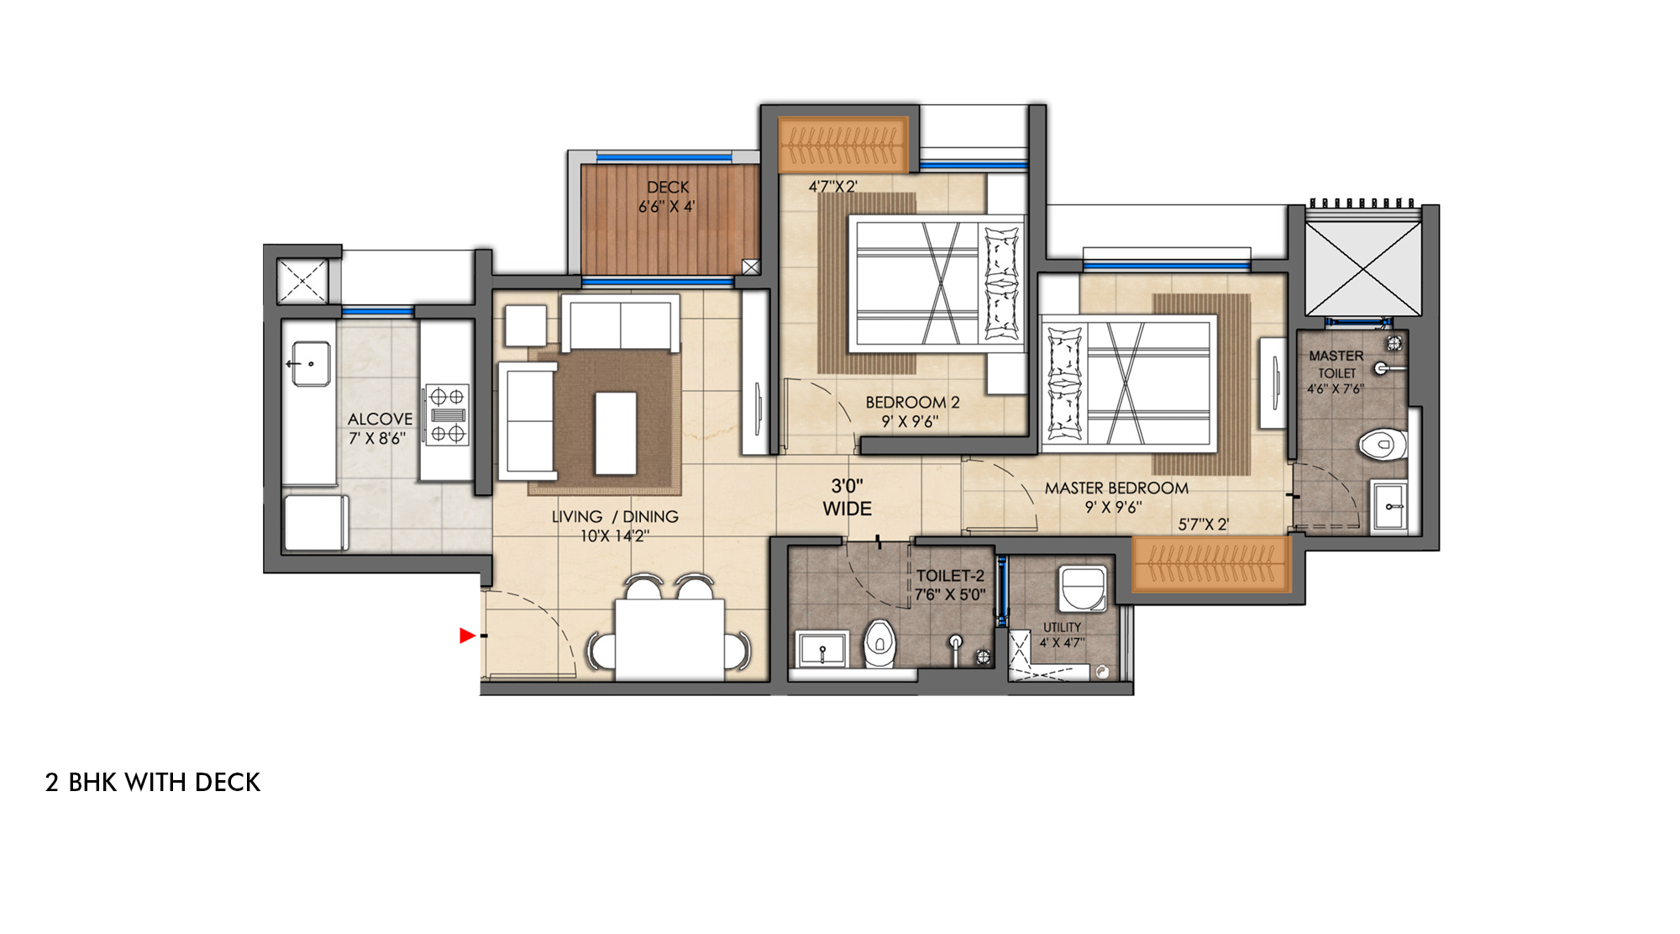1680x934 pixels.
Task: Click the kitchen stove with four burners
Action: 446,414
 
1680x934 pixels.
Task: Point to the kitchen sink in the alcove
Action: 311,364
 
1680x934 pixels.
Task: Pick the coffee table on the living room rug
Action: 616,433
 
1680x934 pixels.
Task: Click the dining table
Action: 669,638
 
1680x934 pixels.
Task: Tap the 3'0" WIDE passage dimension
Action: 847,497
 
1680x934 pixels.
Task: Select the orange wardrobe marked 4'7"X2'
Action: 843,144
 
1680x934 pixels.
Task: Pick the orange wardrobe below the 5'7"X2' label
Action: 1211,563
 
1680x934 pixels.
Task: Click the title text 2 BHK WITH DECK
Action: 153,783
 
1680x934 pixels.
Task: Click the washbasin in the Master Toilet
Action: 1389,506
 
